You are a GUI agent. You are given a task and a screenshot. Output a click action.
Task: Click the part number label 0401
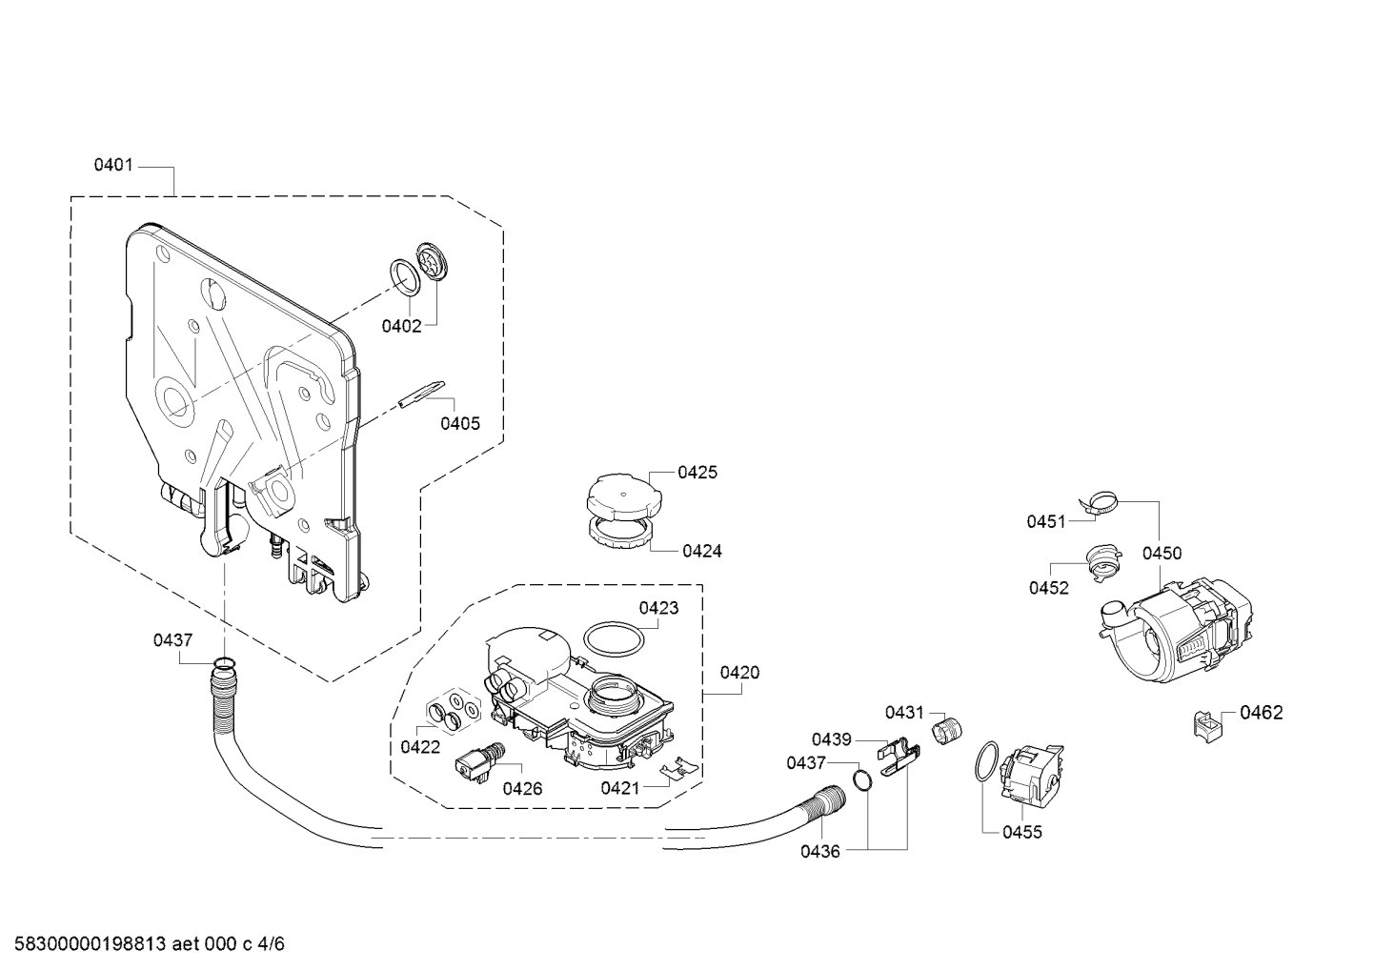click(113, 165)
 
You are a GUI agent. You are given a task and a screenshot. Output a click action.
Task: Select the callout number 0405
click(460, 423)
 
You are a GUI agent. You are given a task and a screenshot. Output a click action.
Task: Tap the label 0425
click(697, 473)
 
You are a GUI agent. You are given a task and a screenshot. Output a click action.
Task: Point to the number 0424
click(702, 551)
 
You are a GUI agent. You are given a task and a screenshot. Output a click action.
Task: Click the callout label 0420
click(739, 673)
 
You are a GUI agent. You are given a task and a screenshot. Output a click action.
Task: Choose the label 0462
click(1262, 712)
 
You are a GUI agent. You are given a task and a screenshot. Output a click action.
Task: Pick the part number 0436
click(820, 851)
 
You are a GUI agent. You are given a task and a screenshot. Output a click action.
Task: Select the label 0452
click(1049, 588)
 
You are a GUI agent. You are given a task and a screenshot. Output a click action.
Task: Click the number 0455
click(1022, 833)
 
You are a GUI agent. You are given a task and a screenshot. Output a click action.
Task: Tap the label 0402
click(402, 326)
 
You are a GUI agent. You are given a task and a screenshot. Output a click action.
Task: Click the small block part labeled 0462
click(1207, 727)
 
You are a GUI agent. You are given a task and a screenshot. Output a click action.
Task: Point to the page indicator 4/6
click(271, 944)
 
